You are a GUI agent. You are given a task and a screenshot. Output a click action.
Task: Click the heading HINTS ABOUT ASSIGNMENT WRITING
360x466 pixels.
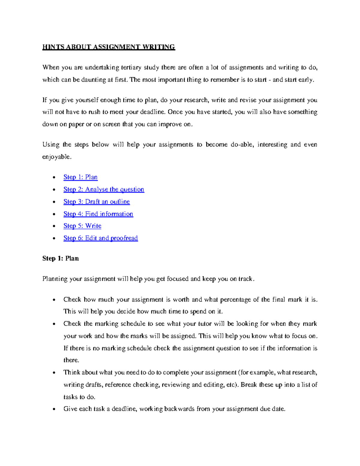click(109, 47)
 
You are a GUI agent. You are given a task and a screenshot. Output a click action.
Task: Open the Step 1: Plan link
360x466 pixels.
click(80, 177)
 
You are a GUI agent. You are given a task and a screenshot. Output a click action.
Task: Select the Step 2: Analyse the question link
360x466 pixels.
click(103, 190)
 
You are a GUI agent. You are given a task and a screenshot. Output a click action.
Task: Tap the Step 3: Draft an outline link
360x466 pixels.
click(97, 202)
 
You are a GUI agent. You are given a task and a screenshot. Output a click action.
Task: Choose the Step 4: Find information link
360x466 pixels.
click(98, 214)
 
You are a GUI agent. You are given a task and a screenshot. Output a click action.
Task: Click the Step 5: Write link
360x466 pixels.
click(82, 226)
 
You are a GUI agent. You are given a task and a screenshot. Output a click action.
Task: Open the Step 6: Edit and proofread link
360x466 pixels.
click(100, 238)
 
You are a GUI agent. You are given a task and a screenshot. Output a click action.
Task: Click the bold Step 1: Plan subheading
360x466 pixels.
click(61, 259)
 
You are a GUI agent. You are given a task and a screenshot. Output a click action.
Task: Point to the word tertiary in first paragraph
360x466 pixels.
click(131, 68)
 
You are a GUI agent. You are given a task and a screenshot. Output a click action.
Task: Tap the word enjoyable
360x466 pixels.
click(57, 157)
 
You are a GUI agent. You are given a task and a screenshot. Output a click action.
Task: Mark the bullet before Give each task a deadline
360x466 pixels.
click(54, 409)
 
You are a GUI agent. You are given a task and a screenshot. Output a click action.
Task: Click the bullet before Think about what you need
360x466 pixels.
click(54, 373)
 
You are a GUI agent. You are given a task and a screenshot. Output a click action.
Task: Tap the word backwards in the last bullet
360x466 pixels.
click(179, 409)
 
